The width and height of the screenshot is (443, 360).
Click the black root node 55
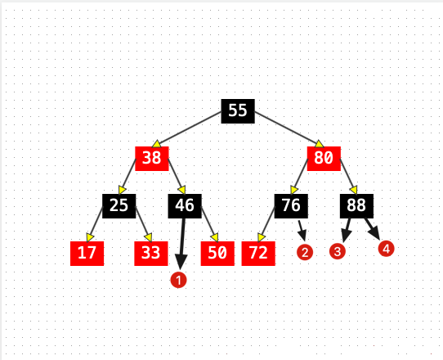[x=238, y=111]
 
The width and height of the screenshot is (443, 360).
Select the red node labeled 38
[x=152, y=159]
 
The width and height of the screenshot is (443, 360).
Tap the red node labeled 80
[x=324, y=159]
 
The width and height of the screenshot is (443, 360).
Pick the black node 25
[x=119, y=206]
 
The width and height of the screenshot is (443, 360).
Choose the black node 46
[x=185, y=206]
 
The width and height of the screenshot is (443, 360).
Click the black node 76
[x=291, y=206]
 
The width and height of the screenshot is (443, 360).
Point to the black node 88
[x=356, y=206]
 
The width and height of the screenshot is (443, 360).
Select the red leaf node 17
[x=87, y=254]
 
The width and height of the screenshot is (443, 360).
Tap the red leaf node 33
[x=151, y=254]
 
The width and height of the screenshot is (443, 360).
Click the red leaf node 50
[x=217, y=254]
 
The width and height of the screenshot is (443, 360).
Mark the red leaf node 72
[x=258, y=254]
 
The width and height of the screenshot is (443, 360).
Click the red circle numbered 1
[x=178, y=280]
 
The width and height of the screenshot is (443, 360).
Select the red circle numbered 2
[x=305, y=252]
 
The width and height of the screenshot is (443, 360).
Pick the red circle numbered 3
[x=338, y=251]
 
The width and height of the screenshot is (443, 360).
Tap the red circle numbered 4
[x=387, y=249]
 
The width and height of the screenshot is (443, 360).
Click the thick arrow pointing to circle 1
[x=182, y=244]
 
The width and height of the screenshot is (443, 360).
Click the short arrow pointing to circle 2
[x=302, y=231]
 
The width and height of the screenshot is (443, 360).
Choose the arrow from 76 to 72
[x=266, y=224]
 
